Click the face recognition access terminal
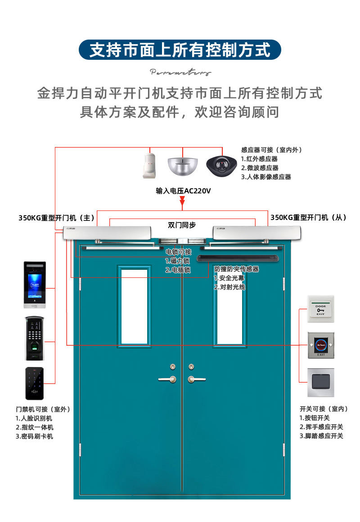click(x=35, y=285)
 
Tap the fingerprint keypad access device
click(x=35, y=338)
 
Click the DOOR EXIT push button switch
click(x=320, y=308)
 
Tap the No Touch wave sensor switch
click(x=320, y=345)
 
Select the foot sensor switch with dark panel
click(x=320, y=382)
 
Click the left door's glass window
click(x=134, y=307)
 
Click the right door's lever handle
click(x=193, y=379)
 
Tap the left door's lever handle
click(x=169, y=379)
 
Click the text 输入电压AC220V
click(x=183, y=191)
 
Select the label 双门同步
click(x=182, y=225)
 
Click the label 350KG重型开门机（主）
click(x=56, y=218)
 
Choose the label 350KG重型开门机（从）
click(x=308, y=218)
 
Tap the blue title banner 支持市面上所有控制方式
click(x=180, y=50)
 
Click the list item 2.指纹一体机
click(x=35, y=427)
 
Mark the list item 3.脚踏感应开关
click(x=321, y=436)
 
